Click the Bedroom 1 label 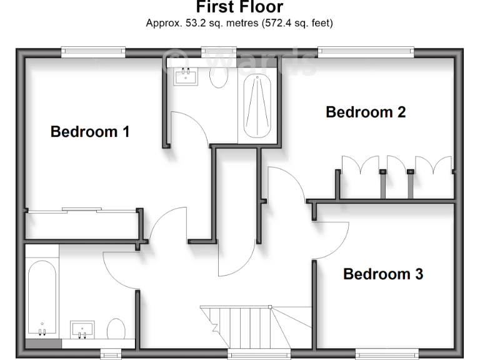[90, 132]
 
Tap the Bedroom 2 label [366, 112]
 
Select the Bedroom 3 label [383, 274]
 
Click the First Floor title [239, 7]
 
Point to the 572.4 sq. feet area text [291, 23]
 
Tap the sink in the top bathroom [186, 76]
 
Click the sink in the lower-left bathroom [82, 329]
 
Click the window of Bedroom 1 [93, 52]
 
